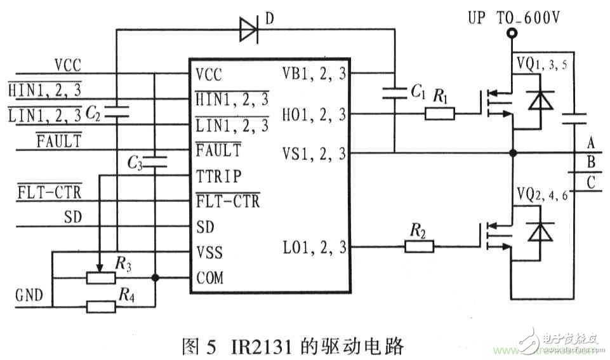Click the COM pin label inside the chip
coord(210,278)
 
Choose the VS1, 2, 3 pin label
coord(315,153)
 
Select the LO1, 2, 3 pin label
coord(315,248)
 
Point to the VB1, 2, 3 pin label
coord(315,74)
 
